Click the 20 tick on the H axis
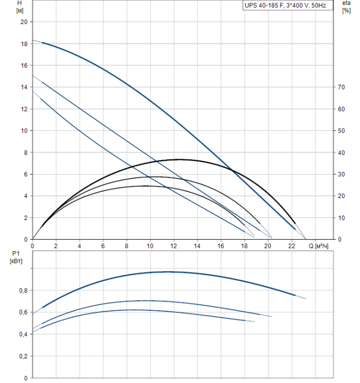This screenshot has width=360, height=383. [24, 22]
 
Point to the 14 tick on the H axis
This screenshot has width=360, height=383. [24, 87]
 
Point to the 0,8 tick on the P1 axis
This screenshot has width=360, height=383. [24, 291]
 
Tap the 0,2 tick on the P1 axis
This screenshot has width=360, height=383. [24, 356]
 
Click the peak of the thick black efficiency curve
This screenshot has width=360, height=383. [179, 159]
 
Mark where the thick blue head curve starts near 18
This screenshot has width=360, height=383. [33, 40]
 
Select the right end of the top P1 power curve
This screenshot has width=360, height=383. [305, 299]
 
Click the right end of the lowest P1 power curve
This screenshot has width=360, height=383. [254, 321]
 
